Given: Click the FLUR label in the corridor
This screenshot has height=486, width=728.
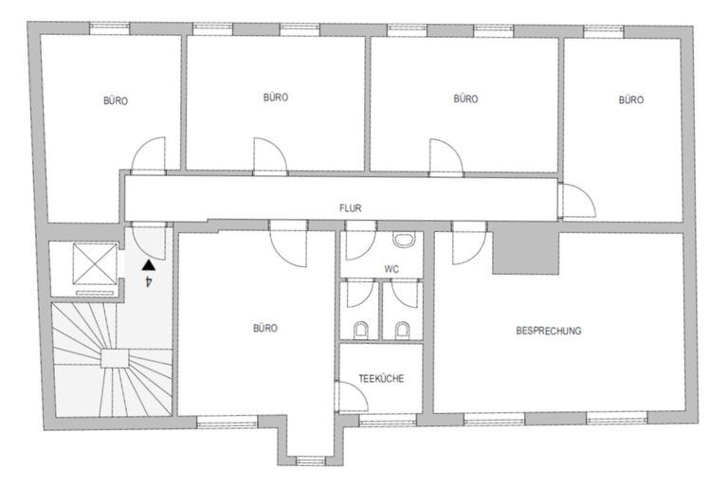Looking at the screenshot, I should [352, 207].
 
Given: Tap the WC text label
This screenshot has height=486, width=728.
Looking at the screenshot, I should [391, 269].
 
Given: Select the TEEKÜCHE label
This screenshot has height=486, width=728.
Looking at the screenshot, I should [382, 378].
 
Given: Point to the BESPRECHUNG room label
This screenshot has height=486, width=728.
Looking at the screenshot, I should [549, 331].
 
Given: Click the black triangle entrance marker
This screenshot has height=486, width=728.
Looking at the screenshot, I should [147, 267].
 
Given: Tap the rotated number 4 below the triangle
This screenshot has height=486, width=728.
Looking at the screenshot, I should [148, 282].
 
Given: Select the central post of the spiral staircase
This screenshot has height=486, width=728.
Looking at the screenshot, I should [114, 357].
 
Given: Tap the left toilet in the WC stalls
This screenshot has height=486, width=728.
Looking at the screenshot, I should [361, 330].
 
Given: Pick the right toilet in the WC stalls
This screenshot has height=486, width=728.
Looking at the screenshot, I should [403, 330].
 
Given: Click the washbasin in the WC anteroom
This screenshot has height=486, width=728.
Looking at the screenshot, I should [404, 242].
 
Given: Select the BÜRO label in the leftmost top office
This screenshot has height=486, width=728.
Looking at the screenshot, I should [116, 99].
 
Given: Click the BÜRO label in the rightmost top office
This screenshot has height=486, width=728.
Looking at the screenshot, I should [630, 99].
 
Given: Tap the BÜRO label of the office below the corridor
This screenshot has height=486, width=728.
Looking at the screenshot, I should [264, 329].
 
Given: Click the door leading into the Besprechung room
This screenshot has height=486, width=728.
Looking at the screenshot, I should [466, 244].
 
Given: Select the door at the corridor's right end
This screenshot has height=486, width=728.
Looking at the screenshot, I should [575, 198].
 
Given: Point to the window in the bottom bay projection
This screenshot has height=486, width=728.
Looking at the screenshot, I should [309, 461].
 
